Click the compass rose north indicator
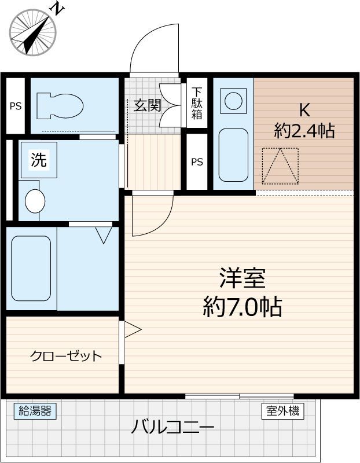tap(33, 32)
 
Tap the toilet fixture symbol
tap(60, 106)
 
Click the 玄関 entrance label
tap(147, 105)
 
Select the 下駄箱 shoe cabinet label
tap(197, 103)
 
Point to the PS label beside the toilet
tap(16, 106)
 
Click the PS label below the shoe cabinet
tap(197, 162)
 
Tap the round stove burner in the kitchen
tap(233, 101)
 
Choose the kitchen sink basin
tap(233, 155)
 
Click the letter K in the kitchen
tap(304, 111)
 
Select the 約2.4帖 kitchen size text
tap(304, 131)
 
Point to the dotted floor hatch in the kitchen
tap(280, 166)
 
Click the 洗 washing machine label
tap(39, 160)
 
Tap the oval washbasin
tap(35, 201)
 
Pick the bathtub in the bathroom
tap(31, 268)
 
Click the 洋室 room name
tap(243, 278)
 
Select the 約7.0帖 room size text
tap(243, 307)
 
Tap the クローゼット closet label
tap(66, 356)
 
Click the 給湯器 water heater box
tap(35, 411)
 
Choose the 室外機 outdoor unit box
tap(282, 411)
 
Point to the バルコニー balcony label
tap(172, 427)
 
